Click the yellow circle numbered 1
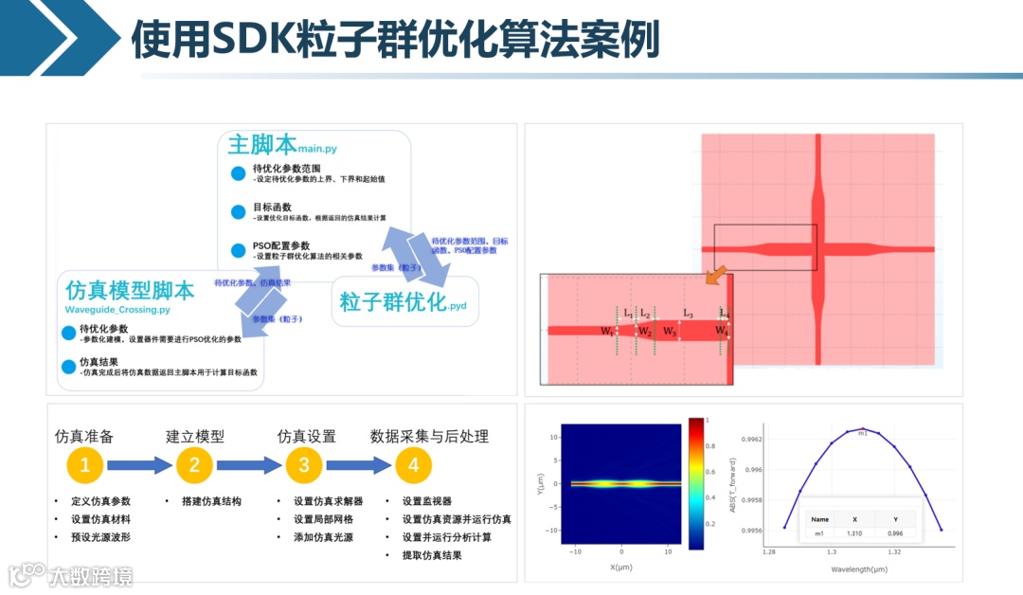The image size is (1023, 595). tap(85, 465)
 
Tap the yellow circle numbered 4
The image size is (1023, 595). tap(412, 465)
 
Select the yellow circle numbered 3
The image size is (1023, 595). tap(304, 465)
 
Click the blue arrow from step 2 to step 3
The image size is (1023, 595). tap(248, 465)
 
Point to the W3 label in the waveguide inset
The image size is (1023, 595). tap(670, 332)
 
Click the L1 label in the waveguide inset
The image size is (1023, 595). tap(628, 313)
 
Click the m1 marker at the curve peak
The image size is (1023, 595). tap(862, 433)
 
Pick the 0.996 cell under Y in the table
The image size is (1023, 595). tap(895, 534)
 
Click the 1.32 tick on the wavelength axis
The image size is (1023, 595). tap(893, 550)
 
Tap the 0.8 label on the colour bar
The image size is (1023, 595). tap(712, 444)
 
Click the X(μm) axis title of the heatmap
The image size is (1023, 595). tap(620, 567)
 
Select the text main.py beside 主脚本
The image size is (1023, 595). tap(316, 149)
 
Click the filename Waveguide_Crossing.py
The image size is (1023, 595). tap(117, 310)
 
